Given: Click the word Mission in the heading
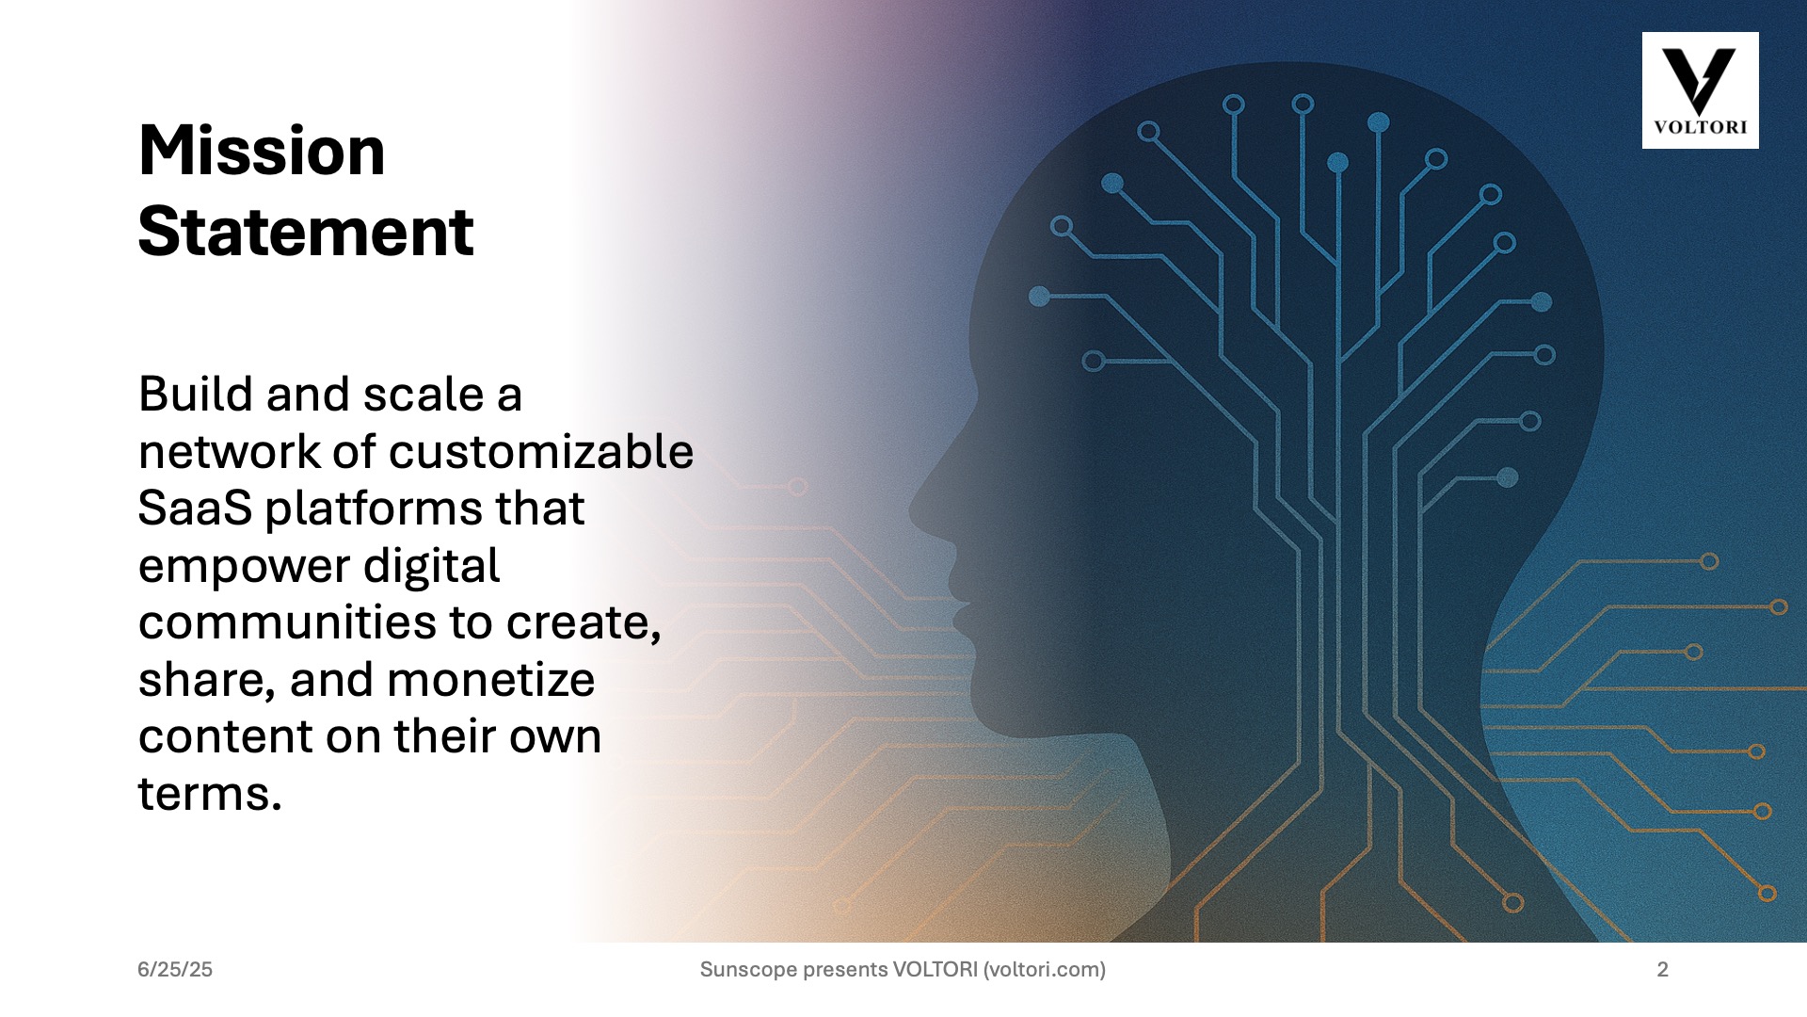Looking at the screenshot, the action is (262, 151).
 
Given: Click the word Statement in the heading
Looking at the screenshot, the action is (306, 232).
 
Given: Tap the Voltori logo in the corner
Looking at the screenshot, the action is (1700, 90).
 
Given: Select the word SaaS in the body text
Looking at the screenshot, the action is (195, 508).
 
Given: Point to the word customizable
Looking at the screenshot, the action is (541, 452).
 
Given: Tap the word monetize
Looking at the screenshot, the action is (490, 680).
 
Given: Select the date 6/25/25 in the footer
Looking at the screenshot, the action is (175, 969).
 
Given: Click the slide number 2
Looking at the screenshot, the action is (1663, 969).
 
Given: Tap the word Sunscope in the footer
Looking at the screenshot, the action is (748, 969).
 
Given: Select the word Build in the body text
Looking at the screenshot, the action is (196, 394).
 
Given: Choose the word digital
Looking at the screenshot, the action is (432, 566).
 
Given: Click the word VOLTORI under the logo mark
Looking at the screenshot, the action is (1700, 127).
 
